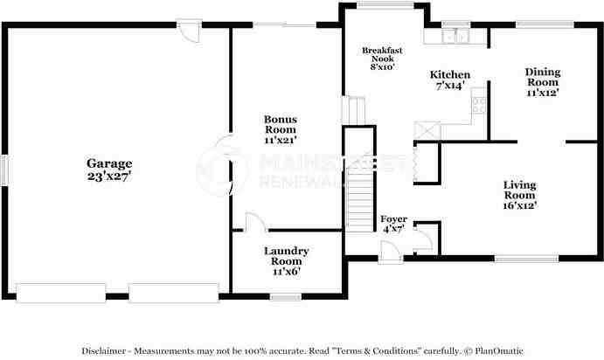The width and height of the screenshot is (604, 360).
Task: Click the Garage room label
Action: click(x=109, y=163)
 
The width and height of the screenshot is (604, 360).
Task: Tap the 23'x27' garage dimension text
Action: click(x=109, y=177)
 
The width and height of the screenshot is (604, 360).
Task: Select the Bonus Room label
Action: click(x=281, y=124)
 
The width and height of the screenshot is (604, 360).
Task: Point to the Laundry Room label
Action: click(x=286, y=256)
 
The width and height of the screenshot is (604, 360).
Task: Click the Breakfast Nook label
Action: click(x=382, y=54)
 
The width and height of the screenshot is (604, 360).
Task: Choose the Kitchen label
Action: click(x=450, y=74)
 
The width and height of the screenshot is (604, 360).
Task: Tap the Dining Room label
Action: click(x=543, y=77)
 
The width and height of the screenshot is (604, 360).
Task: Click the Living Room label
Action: click(x=520, y=190)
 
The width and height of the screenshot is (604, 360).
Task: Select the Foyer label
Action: click(x=393, y=219)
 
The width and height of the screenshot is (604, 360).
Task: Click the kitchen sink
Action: click(x=455, y=36)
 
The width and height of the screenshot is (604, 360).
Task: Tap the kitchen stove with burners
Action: click(x=479, y=105)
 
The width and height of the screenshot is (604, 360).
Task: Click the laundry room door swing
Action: click(x=255, y=222)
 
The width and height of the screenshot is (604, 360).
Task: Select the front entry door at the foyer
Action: click(x=391, y=253)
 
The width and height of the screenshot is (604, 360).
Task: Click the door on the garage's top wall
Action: click(x=189, y=31)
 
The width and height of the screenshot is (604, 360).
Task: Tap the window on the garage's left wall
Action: click(x=4, y=170)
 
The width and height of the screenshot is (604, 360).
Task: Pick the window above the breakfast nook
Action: click(x=385, y=5)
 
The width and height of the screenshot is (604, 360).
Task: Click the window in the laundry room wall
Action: click(x=286, y=297)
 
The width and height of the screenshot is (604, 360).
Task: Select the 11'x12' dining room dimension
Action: click(x=543, y=93)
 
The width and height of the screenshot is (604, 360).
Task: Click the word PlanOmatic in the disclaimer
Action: click(x=499, y=350)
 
